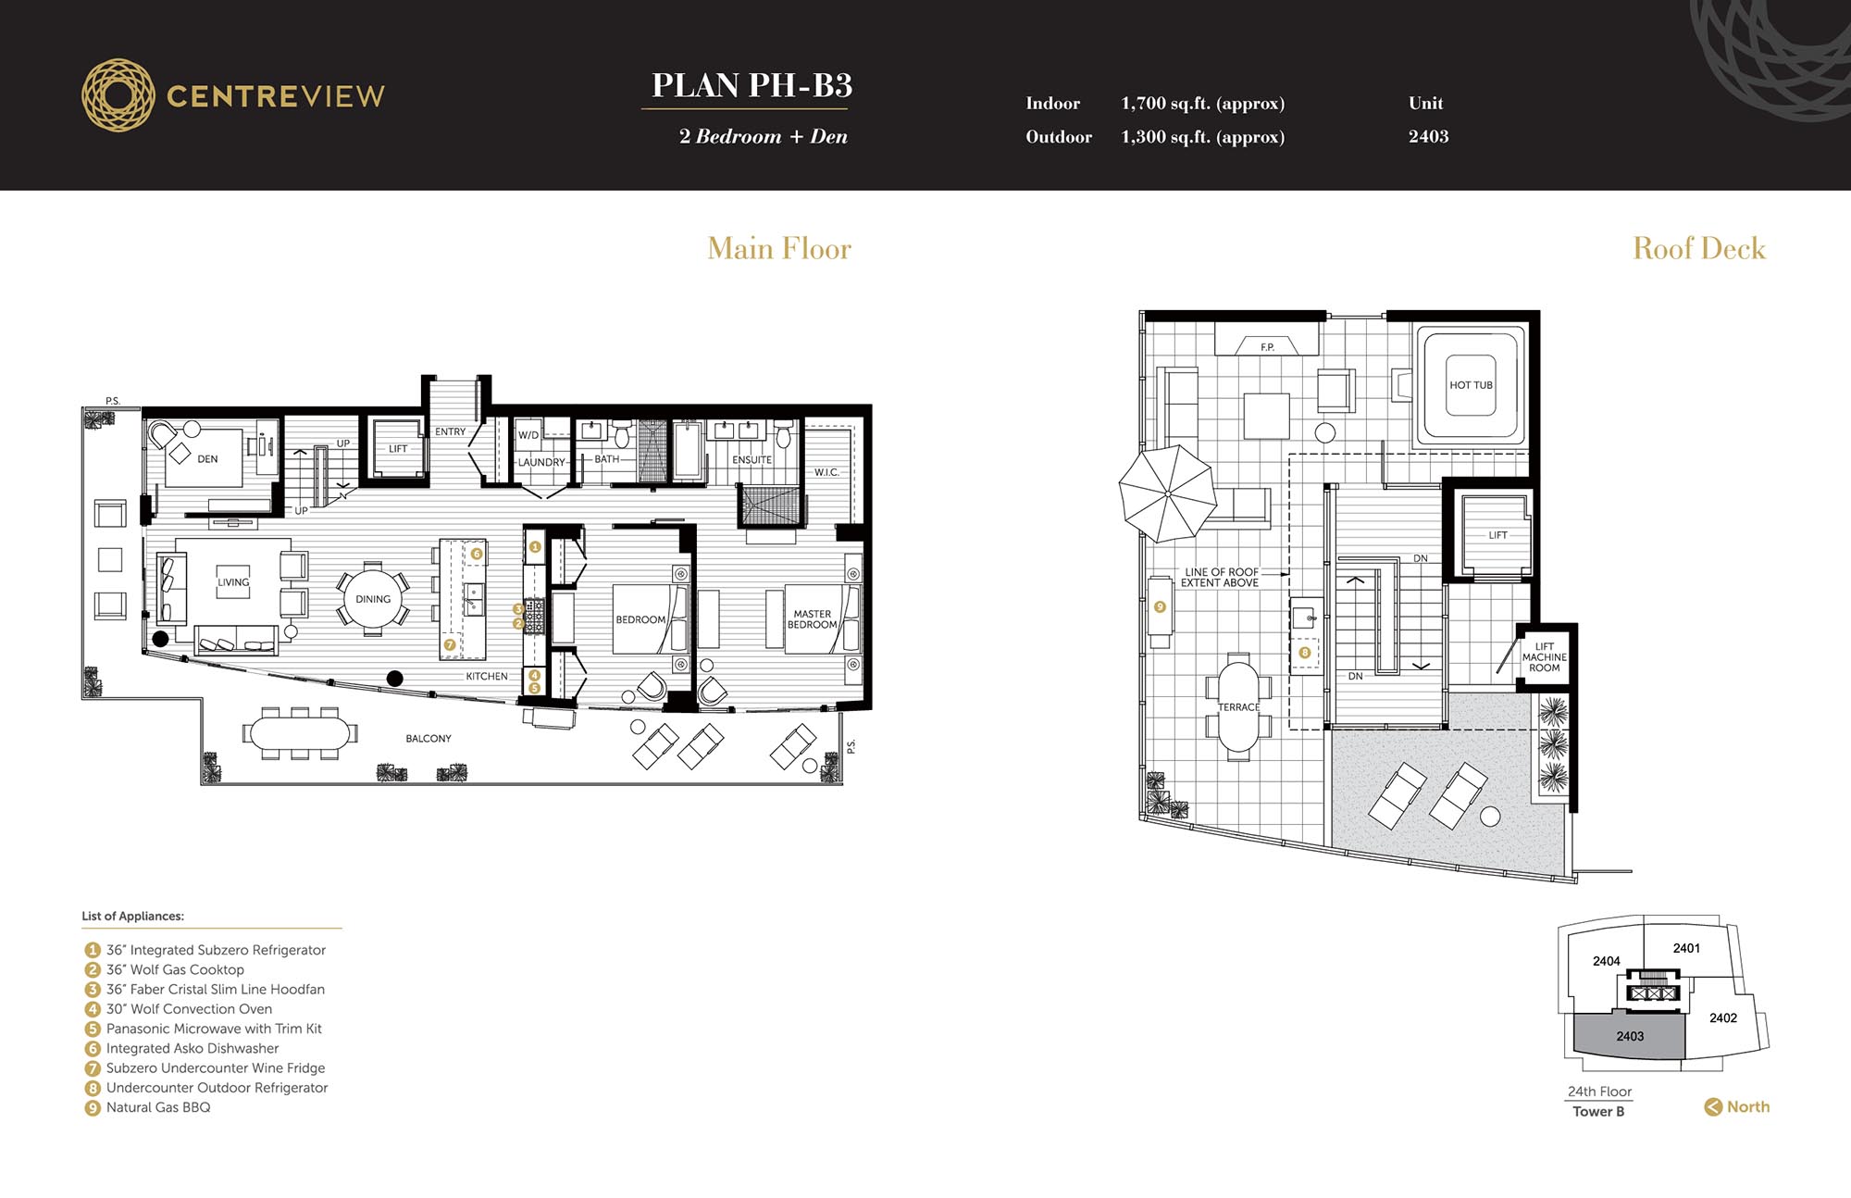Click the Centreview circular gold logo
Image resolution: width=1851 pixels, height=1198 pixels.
(118, 95)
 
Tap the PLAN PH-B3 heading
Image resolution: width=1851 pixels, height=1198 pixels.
(752, 85)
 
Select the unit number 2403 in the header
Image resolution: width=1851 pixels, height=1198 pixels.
(1428, 136)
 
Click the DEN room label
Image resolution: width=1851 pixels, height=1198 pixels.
(207, 458)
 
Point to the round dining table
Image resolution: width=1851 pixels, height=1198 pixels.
(373, 599)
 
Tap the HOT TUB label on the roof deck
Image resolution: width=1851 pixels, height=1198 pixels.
(1471, 385)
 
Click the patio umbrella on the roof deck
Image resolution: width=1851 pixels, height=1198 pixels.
(1167, 493)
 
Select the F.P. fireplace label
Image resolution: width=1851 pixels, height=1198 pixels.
(1267, 347)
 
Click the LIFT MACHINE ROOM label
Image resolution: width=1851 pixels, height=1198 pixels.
(1544, 657)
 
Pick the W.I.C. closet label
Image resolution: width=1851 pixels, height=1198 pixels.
(826, 472)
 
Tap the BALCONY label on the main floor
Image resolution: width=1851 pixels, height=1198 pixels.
(429, 738)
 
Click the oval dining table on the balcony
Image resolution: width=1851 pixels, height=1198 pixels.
(300, 733)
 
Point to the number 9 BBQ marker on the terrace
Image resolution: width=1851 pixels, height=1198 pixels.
(1160, 607)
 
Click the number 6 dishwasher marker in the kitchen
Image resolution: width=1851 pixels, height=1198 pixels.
(477, 554)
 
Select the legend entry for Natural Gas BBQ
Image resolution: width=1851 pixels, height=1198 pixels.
(148, 1107)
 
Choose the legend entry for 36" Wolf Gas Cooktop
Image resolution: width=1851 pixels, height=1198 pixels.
(165, 969)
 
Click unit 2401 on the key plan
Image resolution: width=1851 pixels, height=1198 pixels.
(1686, 948)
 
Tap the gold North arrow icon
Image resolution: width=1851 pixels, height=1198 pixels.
(1713, 1106)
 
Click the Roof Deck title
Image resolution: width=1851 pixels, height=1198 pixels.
(1699, 248)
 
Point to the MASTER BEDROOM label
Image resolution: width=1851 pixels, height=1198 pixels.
(812, 619)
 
